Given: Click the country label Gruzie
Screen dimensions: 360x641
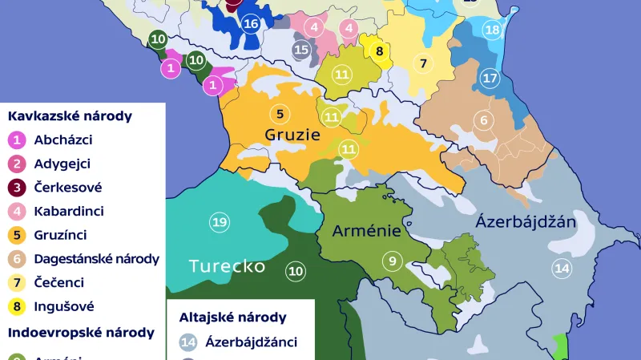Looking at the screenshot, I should [292, 134].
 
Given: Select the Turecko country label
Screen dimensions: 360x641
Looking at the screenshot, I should [226, 266].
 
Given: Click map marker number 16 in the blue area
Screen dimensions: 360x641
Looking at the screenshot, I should [251, 23].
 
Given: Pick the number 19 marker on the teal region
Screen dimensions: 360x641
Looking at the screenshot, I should [220, 222].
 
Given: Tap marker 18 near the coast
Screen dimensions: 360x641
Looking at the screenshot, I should [492, 30].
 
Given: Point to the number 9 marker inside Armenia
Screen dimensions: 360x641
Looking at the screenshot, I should [393, 261].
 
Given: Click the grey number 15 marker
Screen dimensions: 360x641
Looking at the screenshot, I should [301, 50].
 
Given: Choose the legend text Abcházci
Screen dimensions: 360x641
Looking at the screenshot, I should [63, 140].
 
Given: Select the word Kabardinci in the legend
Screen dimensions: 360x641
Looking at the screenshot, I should [69, 212].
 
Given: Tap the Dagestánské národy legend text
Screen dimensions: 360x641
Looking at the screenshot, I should [96, 259].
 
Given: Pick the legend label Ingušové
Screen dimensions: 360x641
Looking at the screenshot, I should [64, 306].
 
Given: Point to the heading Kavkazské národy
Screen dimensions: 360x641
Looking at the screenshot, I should [70, 115].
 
